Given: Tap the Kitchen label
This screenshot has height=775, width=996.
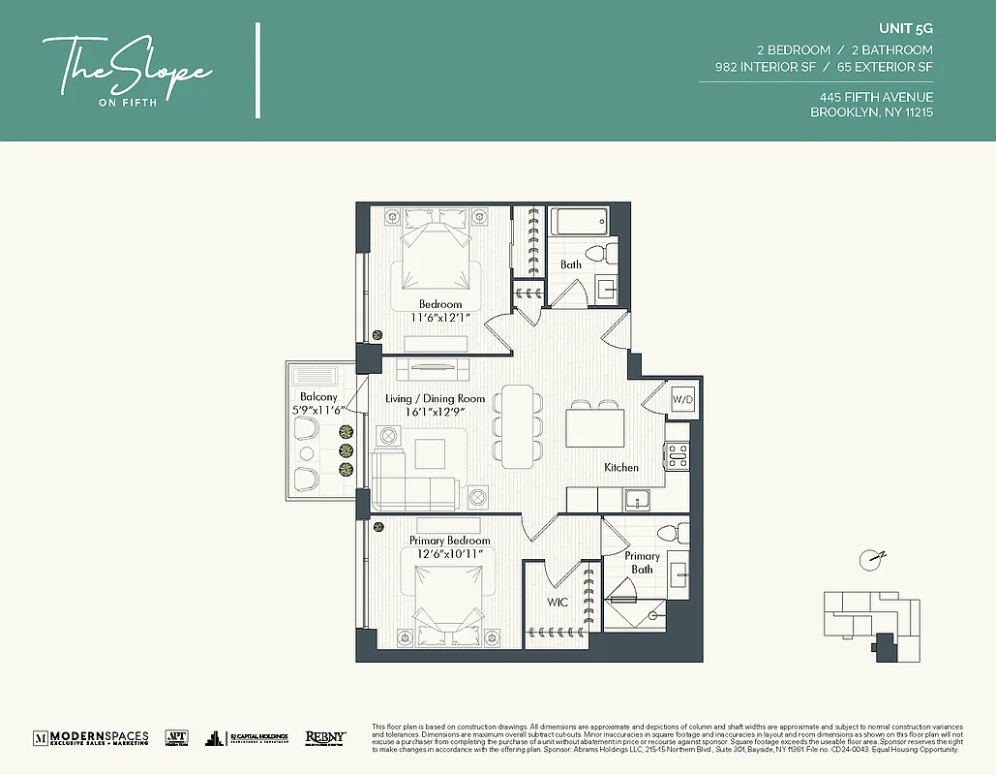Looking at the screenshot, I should pyautogui.click(x=621, y=467).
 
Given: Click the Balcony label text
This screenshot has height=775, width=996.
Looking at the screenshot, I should pyautogui.click(x=318, y=397).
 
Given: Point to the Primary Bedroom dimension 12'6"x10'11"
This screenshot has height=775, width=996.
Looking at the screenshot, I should pyautogui.click(x=449, y=553).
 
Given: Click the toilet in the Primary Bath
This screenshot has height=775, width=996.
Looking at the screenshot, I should pyautogui.click(x=679, y=533).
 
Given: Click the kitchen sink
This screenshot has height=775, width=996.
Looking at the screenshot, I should pyautogui.click(x=636, y=498).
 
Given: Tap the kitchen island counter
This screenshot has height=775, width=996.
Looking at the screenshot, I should pyautogui.click(x=595, y=427).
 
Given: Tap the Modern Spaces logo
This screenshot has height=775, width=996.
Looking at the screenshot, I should pyautogui.click(x=91, y=737).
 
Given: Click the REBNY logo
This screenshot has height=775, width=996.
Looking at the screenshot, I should pyautogui.click(x=325, y=737).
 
